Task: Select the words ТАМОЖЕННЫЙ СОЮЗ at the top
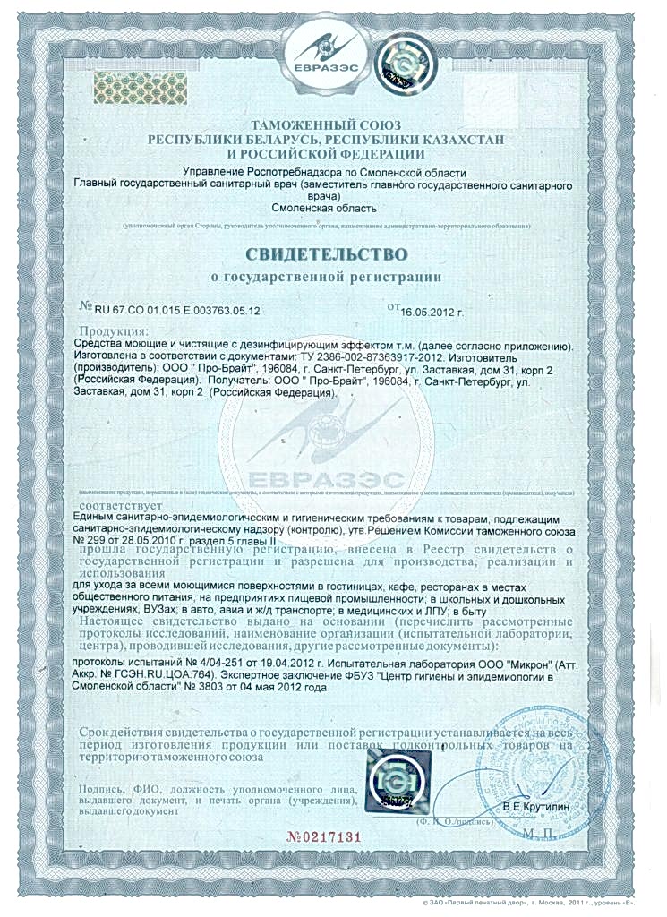point(326,124)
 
